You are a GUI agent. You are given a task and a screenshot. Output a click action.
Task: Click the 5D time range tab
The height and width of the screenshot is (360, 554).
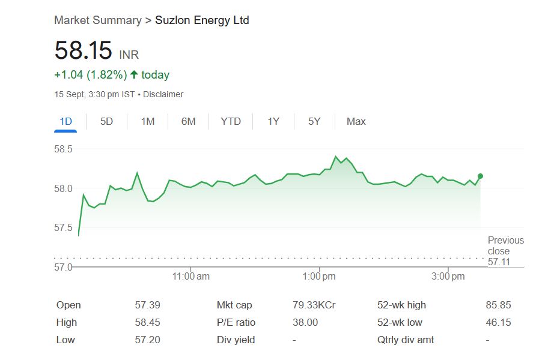106,121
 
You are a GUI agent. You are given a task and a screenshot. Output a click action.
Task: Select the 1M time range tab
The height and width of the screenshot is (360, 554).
147,121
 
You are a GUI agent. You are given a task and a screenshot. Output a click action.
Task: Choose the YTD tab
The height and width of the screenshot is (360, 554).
230,121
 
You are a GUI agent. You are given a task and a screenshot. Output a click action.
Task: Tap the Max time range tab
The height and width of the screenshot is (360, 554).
356,121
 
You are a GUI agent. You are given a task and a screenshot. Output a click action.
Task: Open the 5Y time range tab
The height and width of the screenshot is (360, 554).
314,121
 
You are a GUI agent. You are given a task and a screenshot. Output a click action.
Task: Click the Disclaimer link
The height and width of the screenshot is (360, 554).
163,94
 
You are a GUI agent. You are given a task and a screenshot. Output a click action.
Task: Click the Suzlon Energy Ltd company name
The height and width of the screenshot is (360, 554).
202,20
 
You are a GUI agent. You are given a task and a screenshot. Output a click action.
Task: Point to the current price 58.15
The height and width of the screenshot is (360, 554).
83,50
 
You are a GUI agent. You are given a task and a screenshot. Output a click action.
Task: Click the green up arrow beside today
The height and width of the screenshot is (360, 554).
134,75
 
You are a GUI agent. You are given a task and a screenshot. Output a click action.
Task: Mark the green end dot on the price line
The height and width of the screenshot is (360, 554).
480,176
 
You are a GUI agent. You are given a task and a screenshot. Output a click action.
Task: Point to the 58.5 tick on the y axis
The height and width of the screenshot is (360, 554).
63,149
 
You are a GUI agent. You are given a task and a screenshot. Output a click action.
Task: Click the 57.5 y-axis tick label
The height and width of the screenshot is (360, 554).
63,228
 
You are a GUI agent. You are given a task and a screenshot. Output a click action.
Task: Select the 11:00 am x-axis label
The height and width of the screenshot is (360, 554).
190,277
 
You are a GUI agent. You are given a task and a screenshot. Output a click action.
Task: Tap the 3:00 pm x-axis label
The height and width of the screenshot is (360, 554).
448,277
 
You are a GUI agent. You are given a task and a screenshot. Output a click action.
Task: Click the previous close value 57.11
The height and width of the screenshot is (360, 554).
498,262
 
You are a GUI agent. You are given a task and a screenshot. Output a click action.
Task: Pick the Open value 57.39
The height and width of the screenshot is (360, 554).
147,305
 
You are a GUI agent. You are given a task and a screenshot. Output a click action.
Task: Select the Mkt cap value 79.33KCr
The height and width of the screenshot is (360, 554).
314,305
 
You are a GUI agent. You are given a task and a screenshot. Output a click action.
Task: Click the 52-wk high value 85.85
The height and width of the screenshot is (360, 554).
498,305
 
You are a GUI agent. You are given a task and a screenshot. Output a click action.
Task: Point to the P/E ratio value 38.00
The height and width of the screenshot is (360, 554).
305,322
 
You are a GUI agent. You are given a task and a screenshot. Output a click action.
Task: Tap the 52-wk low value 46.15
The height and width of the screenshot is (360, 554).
498,322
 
